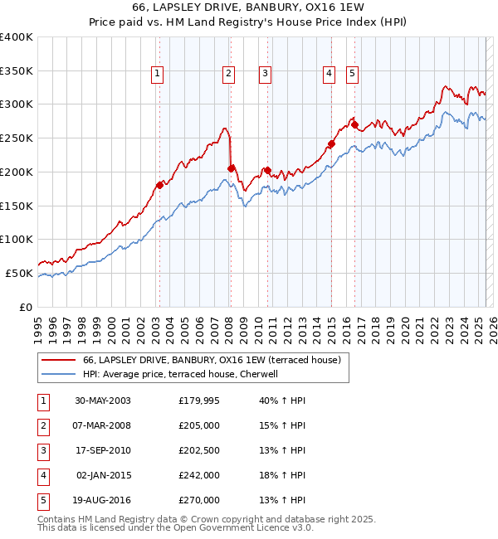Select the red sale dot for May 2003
159,185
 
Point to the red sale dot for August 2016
354,125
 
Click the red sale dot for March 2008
230,168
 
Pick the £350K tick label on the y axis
17,70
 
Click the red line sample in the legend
58,361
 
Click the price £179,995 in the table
199,401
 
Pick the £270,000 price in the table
199,500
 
